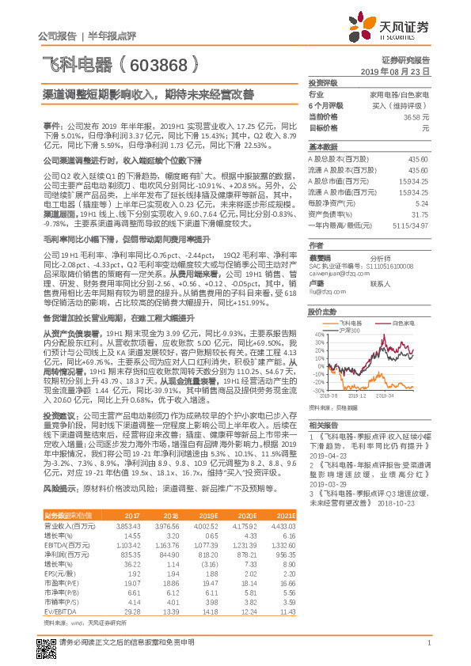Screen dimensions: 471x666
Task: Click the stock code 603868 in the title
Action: click(x=169, y=63)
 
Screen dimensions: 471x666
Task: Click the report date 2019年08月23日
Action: click(x=401, y=71)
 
